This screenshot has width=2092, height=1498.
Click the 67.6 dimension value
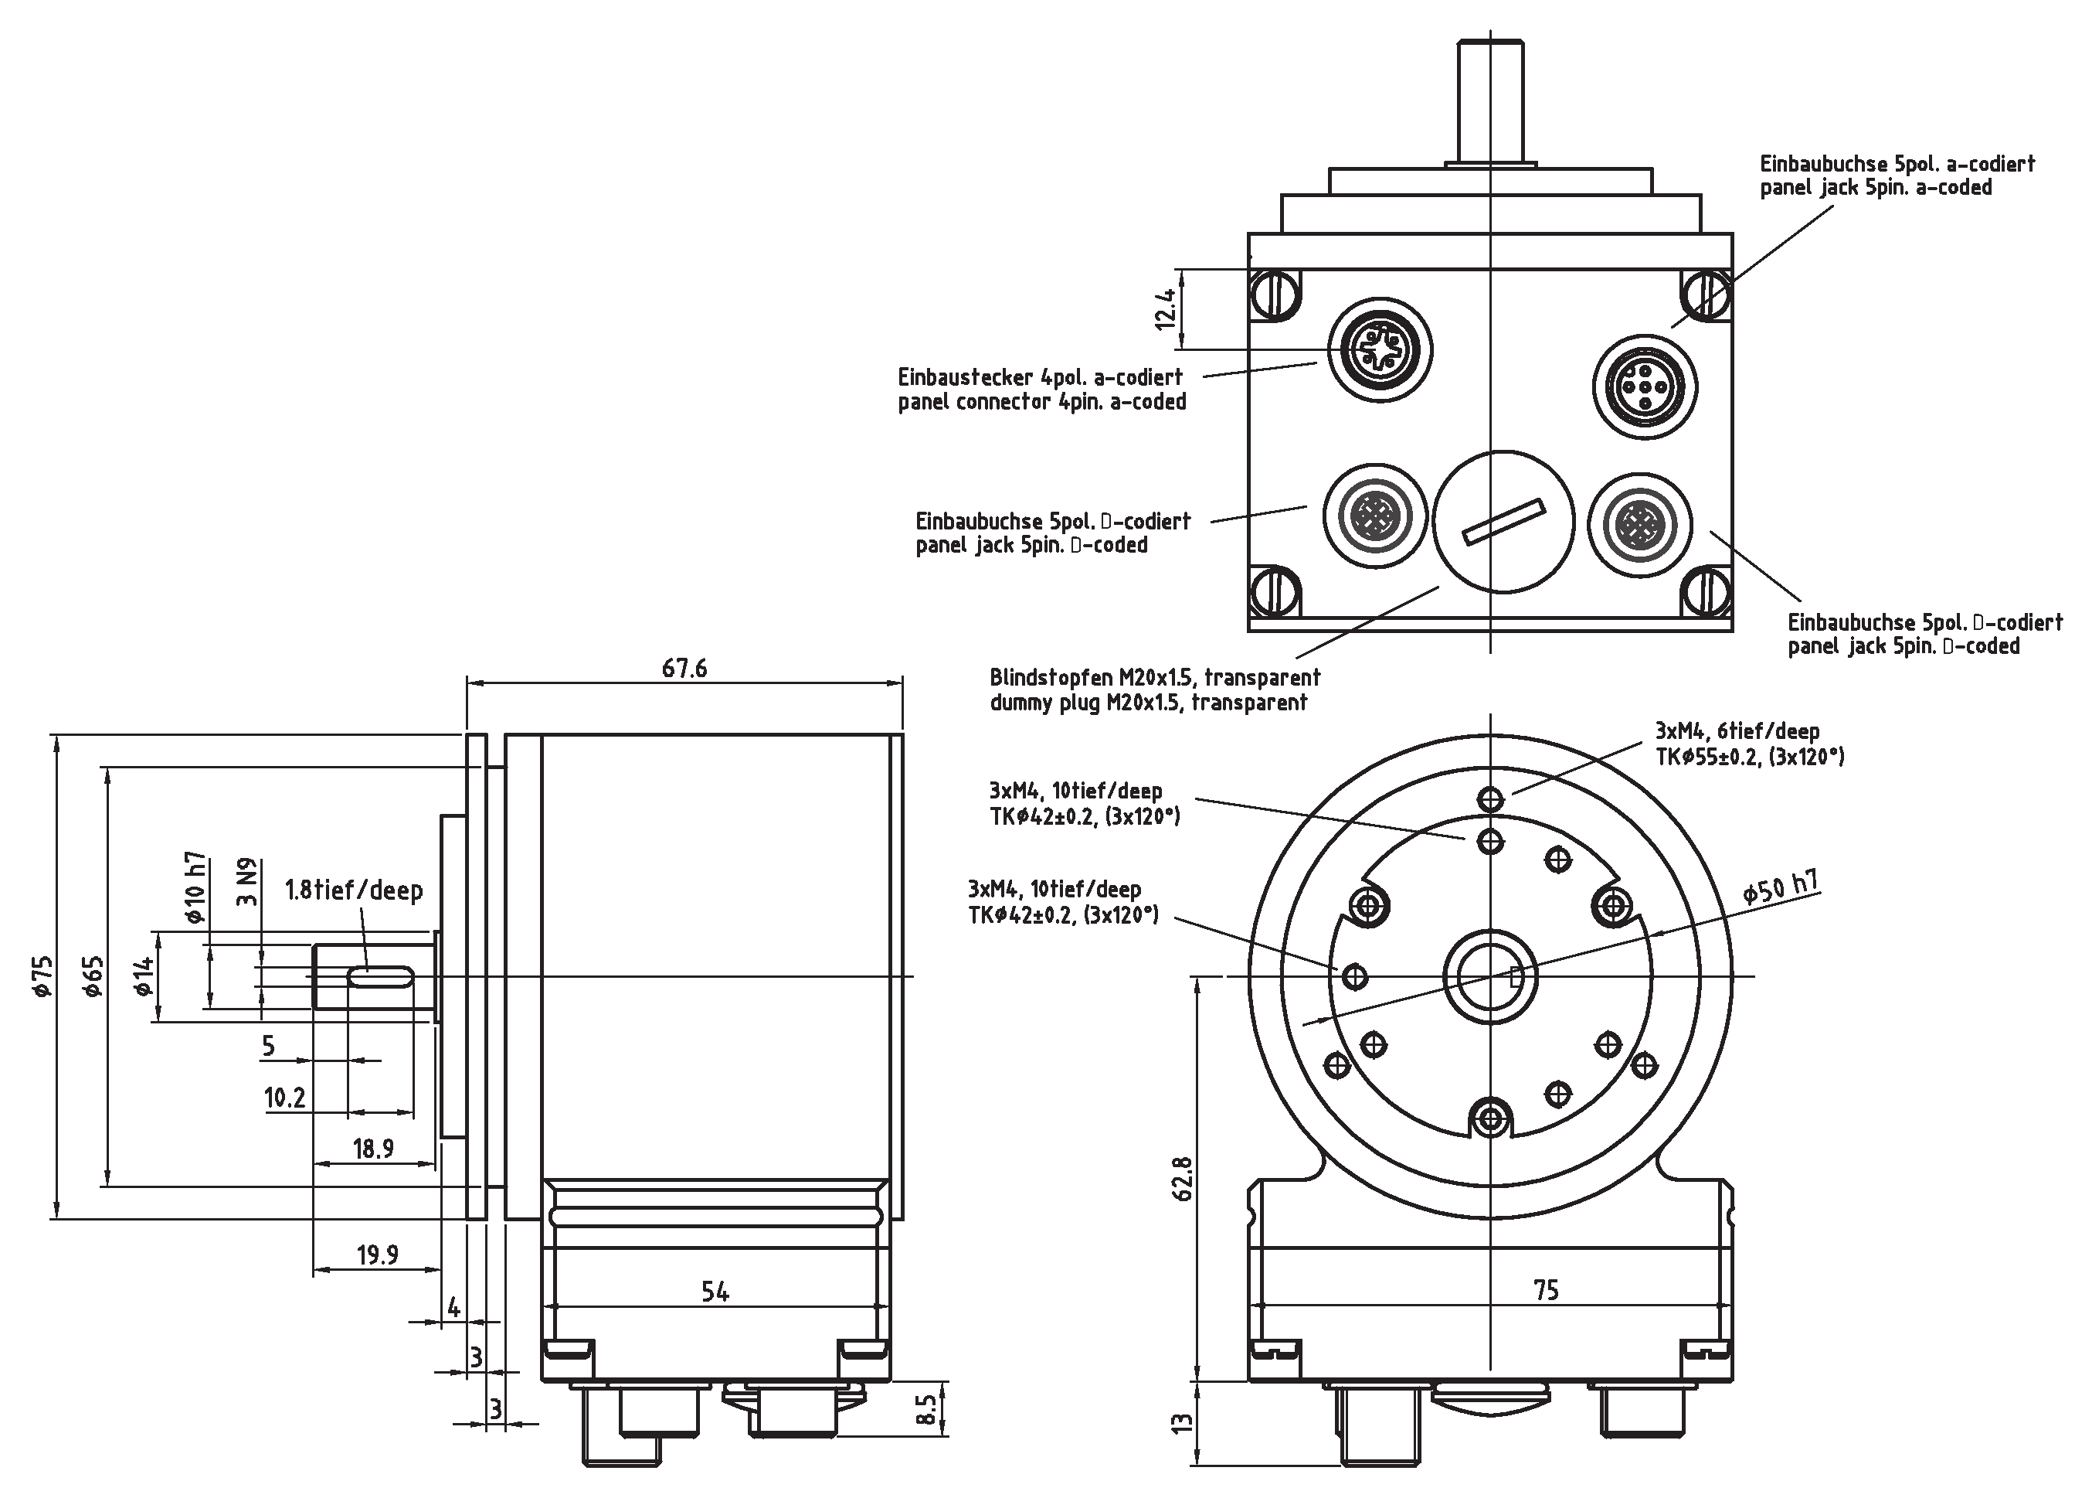pyautogui.click(x=684, y=669)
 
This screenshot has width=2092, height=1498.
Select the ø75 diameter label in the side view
pyautogui.click(x=42, y=977)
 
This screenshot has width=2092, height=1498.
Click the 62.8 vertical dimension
pyautogui.click(x=1183, y=1179)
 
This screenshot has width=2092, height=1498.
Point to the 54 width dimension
pyautogui.click(x=715, y=1292)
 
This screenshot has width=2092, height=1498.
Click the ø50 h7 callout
pyautogui.click(x=1781, y=887)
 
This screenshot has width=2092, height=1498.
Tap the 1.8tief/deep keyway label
pyautogui.click(x=354, y=890)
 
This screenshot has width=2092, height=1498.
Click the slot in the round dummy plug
pyautogui.click(x=1503, y=521)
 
